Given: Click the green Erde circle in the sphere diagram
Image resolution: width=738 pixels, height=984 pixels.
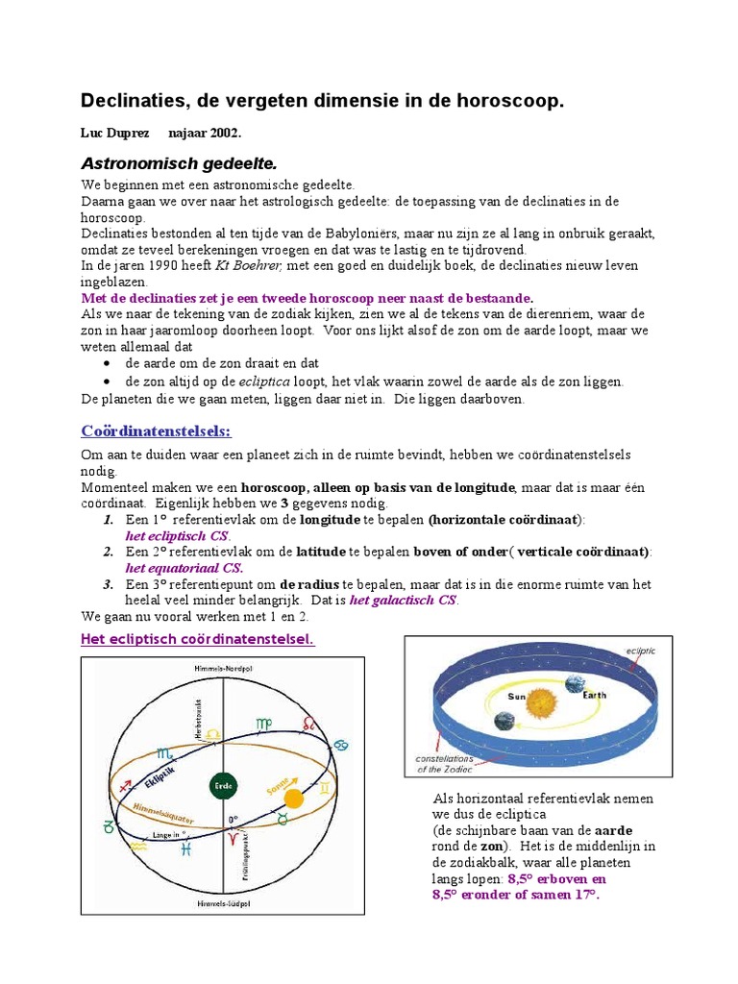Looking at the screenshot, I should (x=222, y=785).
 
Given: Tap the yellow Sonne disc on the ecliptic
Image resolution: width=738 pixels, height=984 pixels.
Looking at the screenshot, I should (x=293, y=799).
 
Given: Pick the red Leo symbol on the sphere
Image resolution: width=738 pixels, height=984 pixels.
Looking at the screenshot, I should (x=308, y=722).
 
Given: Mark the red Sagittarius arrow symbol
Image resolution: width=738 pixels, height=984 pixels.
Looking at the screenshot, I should (x=125, y=785).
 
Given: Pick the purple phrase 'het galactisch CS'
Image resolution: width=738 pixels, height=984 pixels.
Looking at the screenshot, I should (x=404, y=601).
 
